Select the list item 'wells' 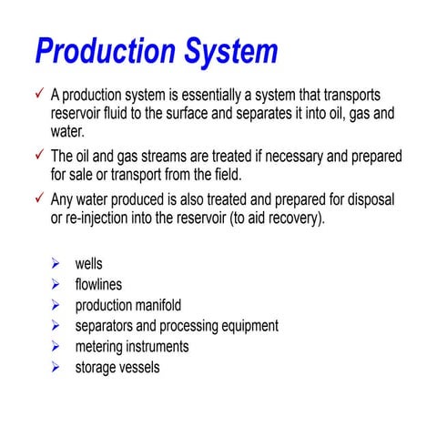pos(88,264)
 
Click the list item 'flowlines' pos(98,285)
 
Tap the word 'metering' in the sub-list pos(100,347)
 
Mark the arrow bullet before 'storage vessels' pos(56,367)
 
